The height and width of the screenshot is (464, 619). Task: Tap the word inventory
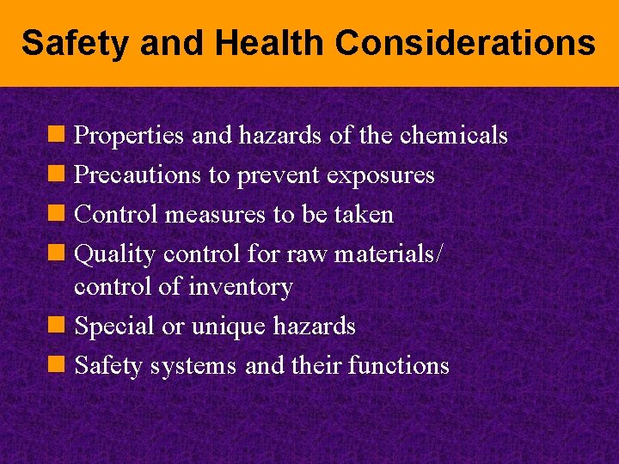click(240, 287)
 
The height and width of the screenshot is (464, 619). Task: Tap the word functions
click(399, 366)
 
